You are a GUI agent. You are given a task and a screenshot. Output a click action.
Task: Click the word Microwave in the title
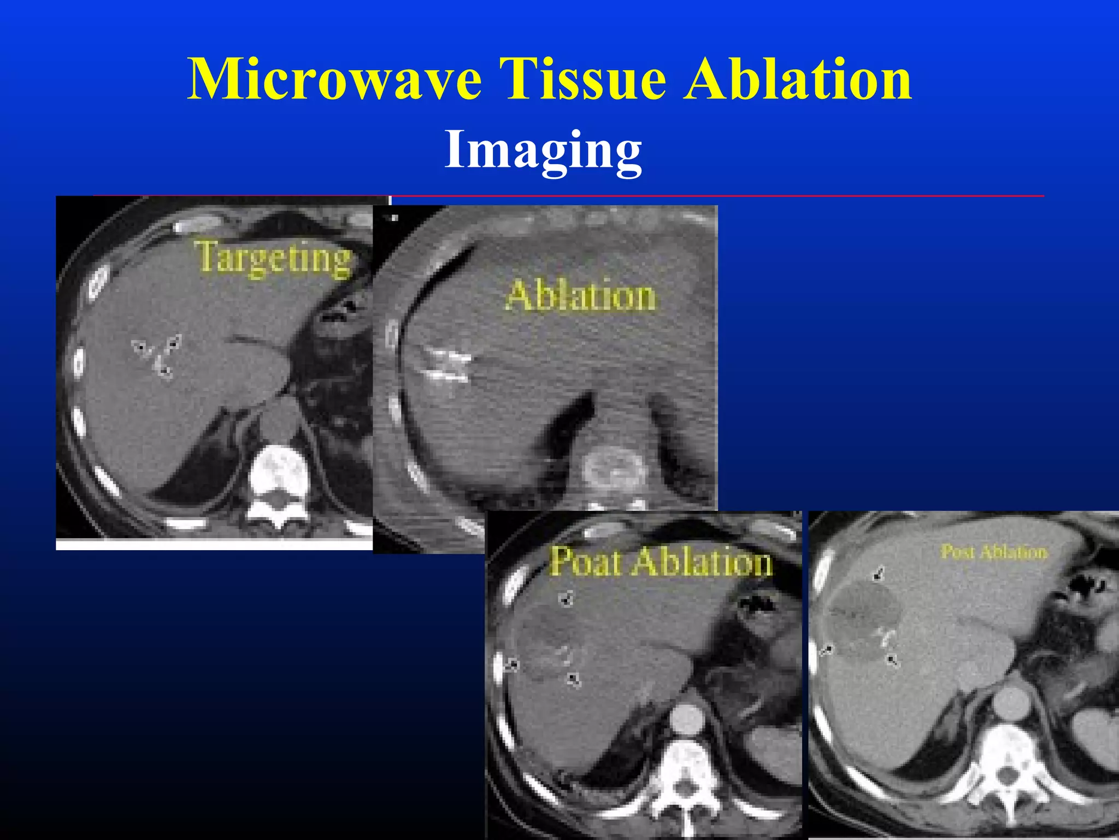pyautogui.click(x=334, y=80)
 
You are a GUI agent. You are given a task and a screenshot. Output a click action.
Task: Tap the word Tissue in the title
pyautogui.click(x=586, y=80)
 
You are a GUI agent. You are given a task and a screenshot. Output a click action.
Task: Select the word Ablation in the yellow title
pyautogui.click(x=797, y=80)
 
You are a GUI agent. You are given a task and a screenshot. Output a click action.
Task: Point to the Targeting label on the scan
pyautogui.click(x=273, y=258)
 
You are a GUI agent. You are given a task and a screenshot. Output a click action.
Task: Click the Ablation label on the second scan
pyautogui.click(x=581, y=296)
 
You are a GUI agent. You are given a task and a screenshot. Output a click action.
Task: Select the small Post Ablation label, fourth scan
pyautogui.click(x=994, y=552)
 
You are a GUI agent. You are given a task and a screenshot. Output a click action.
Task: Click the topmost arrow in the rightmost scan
pyautogui.click(x=878, y=574)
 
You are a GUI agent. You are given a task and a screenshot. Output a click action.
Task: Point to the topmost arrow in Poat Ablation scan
pyautogui.click(x=567, y=599)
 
